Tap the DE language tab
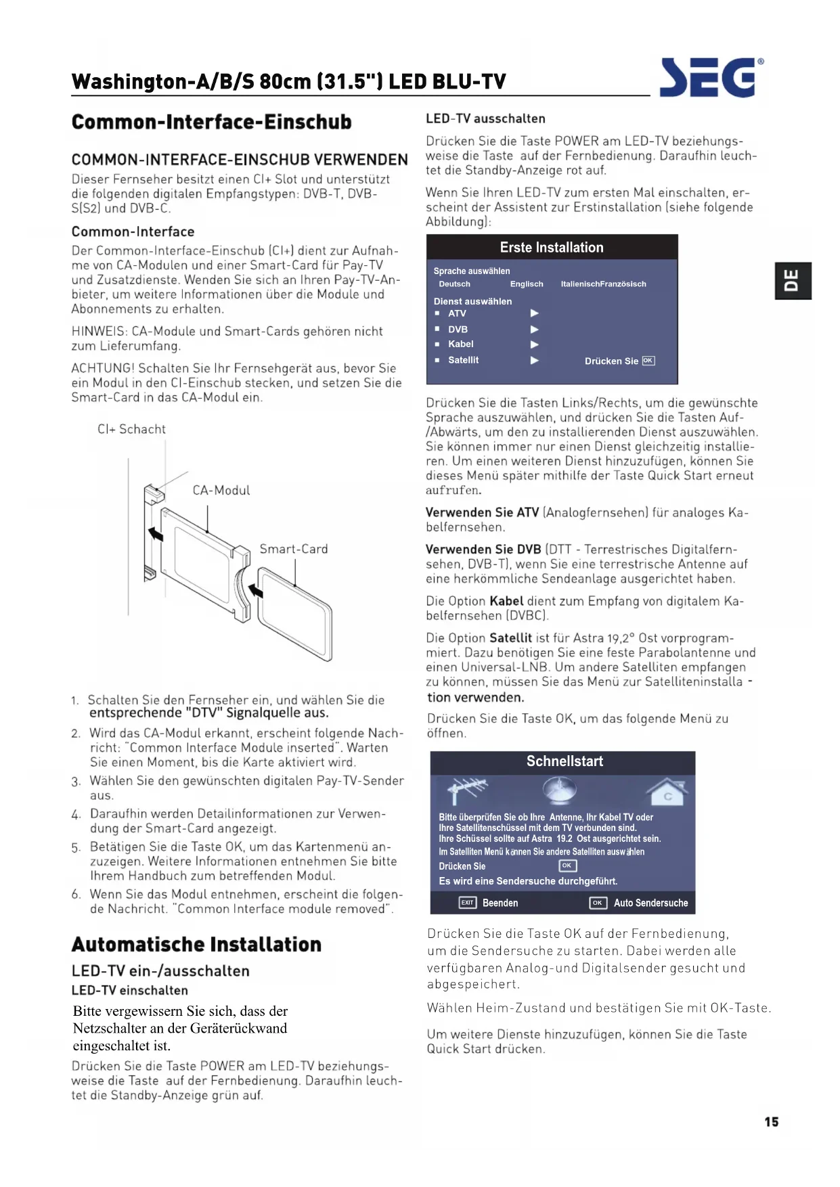coord(793,280)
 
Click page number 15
coord(771,1121)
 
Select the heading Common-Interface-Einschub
coord(211,122)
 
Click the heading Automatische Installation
coord(196,944)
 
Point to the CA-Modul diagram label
coord(221,490)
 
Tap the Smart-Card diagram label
coord(294,549)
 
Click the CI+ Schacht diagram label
coord(131,429)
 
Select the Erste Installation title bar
coord(552,248)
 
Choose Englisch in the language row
coord(527,284)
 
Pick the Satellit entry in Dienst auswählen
coord(463,360)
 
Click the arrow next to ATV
coord(534,313)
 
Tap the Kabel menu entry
coord(460,344)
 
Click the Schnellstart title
coord(565,761)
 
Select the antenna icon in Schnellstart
coord(466,790)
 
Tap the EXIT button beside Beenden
coord(467,903)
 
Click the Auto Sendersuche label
coord(650,903)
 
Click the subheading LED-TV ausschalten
coord(485,118)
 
